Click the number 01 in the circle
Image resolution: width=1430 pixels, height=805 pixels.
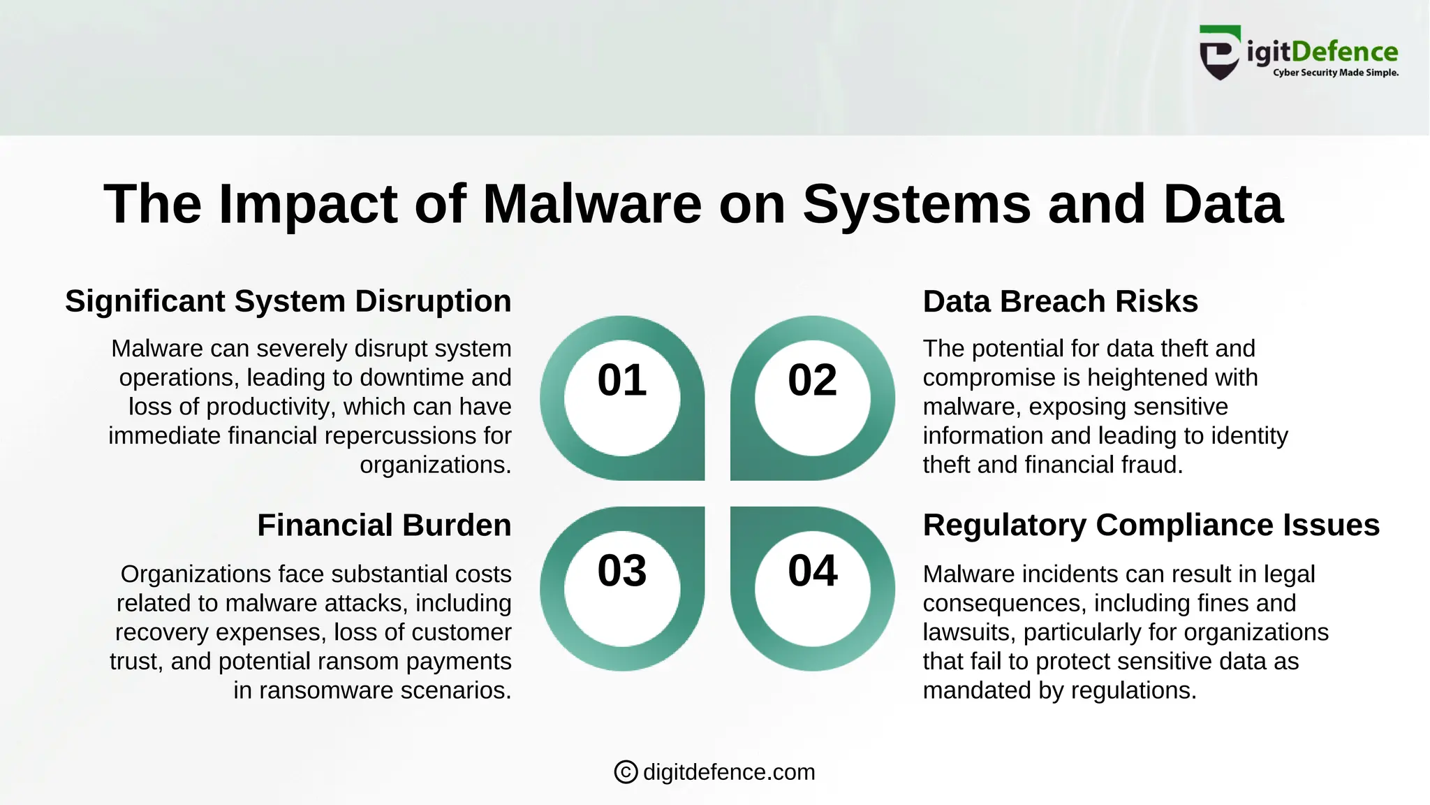(x=621, y=380)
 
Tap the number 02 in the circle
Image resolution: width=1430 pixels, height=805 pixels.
(x=812, y=380)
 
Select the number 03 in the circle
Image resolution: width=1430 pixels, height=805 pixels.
(x=621, y=571)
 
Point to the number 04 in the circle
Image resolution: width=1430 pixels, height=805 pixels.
(x=812, y=571)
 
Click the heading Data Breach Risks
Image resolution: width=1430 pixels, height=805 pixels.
(x=1060, y=302)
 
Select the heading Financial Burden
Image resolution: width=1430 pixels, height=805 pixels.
(x=384, y=525)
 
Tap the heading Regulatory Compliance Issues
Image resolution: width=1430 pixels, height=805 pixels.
(x=1151, y=525)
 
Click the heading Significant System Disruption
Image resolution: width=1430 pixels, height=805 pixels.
(x=288, y=302)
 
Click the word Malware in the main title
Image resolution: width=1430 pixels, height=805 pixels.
(x=592, y=204)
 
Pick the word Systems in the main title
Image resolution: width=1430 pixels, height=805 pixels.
(x=916, y=204)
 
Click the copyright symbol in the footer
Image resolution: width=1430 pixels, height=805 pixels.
(x=626, y=772)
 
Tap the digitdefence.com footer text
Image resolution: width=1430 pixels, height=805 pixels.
(x=729, y=772)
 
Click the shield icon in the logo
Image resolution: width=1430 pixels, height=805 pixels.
(x=1219, y=55)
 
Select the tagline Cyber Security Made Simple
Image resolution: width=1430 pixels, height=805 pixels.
(x=1335, y=73)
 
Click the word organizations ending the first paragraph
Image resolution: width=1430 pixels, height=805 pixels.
(x=434, y=465)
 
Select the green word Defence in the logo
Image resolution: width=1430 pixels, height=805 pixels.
(x=1345, y=52)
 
